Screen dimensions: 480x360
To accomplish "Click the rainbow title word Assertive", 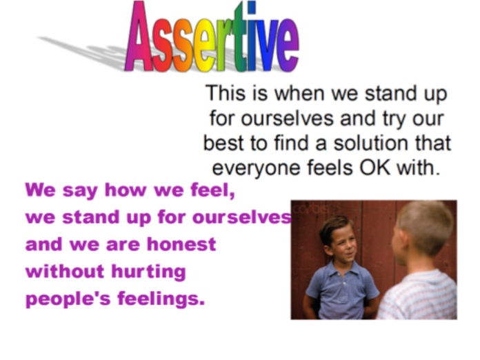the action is coord(212,37).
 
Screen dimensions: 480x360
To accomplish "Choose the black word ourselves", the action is coord(287,118).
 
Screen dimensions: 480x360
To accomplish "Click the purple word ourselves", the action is coord(242,217).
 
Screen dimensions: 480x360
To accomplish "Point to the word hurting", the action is coord(148,272).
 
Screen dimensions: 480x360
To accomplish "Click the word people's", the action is coord(68,299).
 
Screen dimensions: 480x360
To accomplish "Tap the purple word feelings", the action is coord(161,299).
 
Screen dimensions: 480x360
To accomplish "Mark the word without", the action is coord(65,271).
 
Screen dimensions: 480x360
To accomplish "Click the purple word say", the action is coord(80,191).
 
